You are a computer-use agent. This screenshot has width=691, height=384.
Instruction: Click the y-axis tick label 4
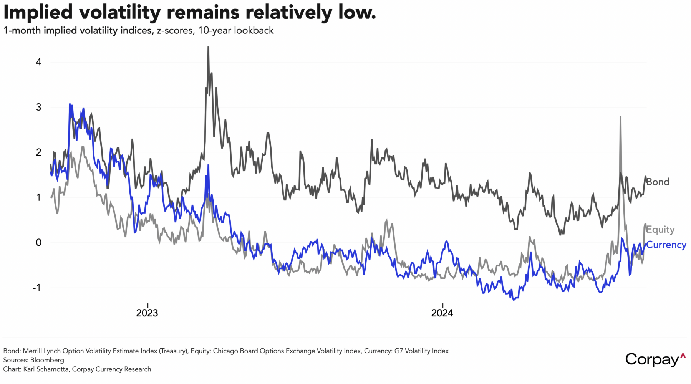pyautogui.click(x=38, y=62)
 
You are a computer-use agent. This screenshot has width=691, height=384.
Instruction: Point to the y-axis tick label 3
pyautogui.click(x=38, y=107)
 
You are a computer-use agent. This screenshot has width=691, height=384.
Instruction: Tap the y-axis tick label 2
pyautogui.click(x=38, y=152)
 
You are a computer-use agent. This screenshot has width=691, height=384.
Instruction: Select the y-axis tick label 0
pyautogui.click(x=38, y=243)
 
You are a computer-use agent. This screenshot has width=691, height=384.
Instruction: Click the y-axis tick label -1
pyautogui.click(x=36, y=288)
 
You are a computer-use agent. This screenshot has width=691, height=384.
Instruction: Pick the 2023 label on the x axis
pyautogui.click(x=147, y=313)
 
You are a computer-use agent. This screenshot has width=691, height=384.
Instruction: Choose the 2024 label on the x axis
pyautogui.click(x=442, y=313)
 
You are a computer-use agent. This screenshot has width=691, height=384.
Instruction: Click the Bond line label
pyautogui.click(x=658, y=182)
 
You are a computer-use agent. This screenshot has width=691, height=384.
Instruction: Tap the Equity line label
pyautogui.click(x=660, y=230)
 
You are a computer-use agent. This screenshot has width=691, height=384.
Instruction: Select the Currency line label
pyautogui.click(x=666, y=245)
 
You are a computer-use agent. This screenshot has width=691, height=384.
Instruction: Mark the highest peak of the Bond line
pyautogui.click(x=208, y=48)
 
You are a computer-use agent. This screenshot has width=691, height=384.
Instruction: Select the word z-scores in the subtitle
pyautogui.click(x=175, y=31)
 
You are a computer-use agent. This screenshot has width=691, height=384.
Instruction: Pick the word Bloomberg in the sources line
pyautogui.click(x=47, y=360)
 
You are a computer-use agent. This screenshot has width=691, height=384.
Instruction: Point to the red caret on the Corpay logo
pyautogui.click(x=683, y=356)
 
